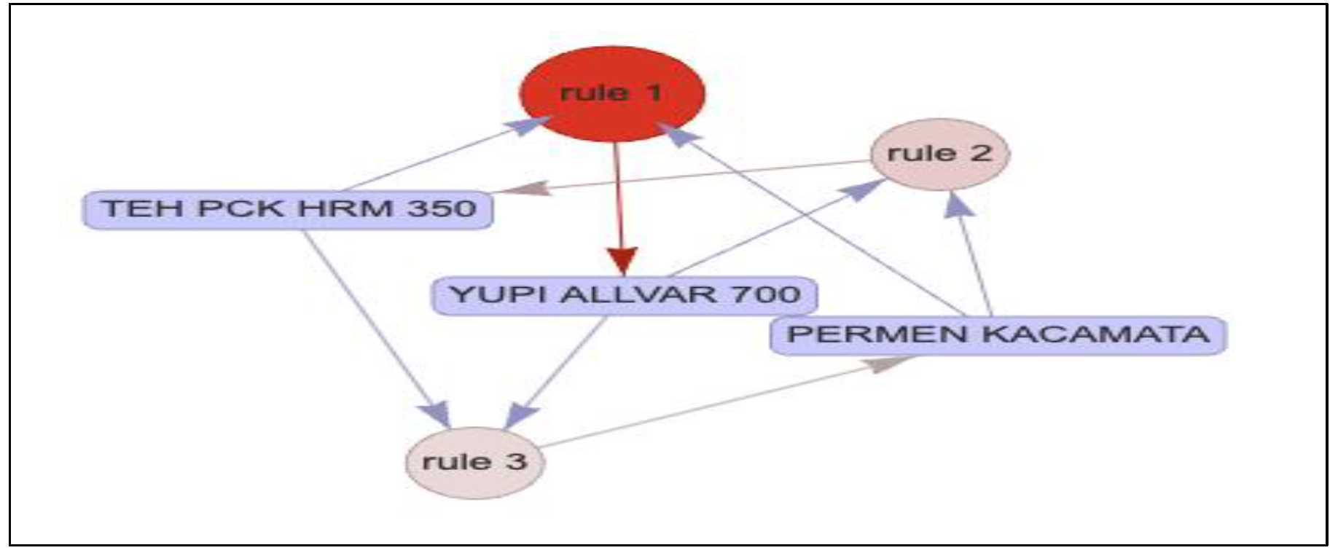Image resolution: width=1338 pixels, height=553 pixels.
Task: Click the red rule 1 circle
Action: (612, 93)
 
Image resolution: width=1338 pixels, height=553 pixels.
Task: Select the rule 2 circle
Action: (940, 154)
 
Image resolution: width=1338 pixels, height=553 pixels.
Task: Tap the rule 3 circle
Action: (474, 462)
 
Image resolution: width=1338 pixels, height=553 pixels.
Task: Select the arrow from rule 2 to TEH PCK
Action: (692, 176)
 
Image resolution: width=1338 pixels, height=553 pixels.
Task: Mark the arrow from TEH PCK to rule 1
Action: (437, 156)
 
